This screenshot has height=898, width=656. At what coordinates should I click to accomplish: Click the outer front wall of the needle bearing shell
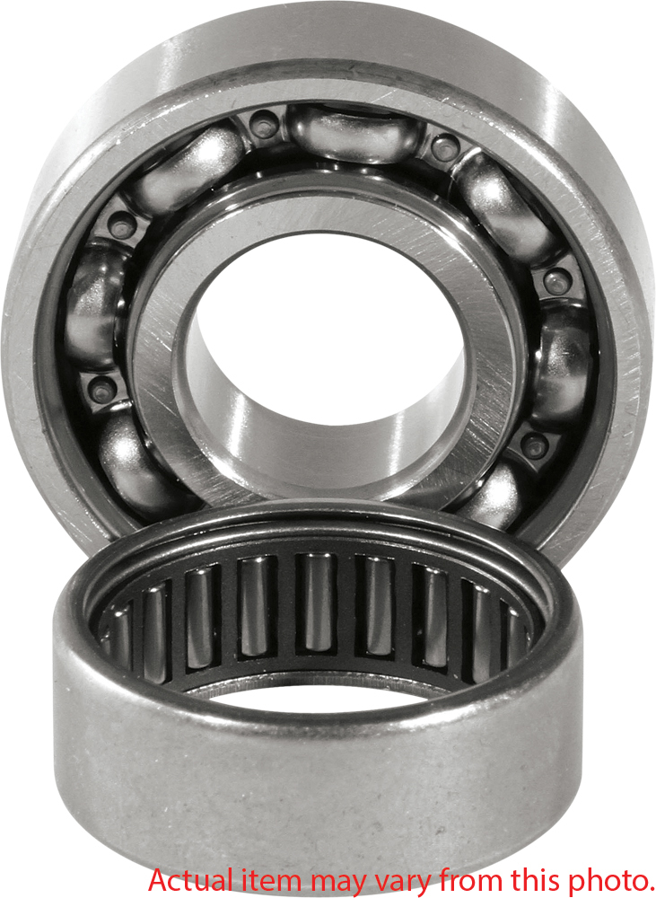pos(314,772)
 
